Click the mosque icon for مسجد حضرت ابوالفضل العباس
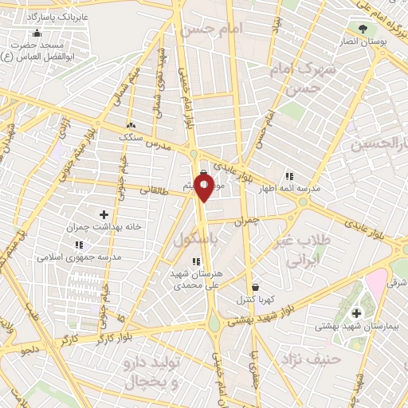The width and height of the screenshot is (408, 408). (36, 33)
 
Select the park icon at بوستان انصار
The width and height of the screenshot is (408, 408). (363, 29)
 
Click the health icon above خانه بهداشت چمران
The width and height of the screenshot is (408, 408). (104, 214)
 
